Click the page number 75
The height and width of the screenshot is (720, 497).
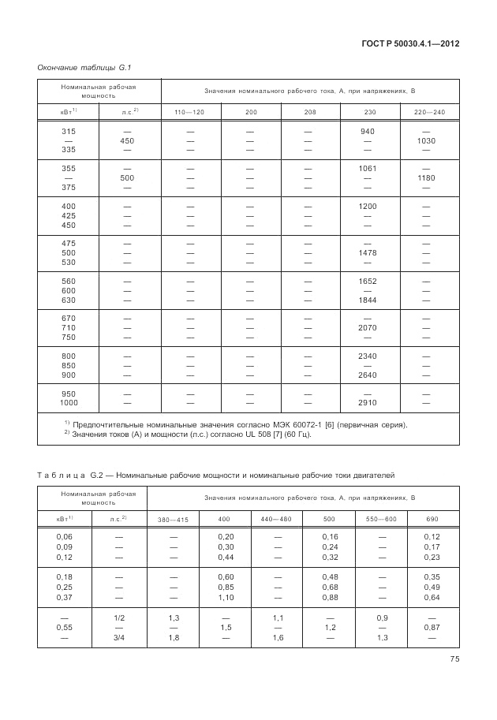coord(453,660)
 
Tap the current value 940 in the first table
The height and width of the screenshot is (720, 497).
coord(368,131)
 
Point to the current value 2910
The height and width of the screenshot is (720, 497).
coord(368,402)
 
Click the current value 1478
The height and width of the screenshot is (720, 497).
coord(368,253)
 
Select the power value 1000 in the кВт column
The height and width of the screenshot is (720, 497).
coord(69,402)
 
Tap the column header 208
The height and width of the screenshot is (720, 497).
coord(309,113)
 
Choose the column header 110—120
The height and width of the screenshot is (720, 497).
coord(189,113)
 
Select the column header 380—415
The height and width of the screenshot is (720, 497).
coord(173,519)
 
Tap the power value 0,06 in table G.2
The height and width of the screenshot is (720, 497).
coord(64,537)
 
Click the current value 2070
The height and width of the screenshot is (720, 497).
coord(368,327)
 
